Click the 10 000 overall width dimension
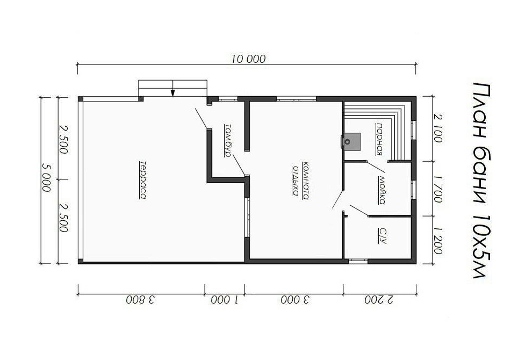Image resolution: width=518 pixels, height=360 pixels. point(248,59)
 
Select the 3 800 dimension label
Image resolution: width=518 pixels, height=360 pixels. point(140,300)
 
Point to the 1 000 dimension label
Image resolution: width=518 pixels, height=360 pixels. point(225,300)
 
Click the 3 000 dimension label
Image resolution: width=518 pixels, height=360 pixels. point(296,300)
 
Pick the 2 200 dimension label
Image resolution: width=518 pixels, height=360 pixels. point(379,300)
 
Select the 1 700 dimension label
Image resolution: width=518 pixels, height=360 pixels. point(437,189)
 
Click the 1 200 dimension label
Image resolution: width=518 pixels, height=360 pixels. point(437,240)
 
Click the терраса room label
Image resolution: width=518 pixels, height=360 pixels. point(142,180)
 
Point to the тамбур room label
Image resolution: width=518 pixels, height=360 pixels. point(228,140)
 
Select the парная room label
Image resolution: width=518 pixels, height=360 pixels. point(379,139)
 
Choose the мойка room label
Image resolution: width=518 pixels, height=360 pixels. point(382,190)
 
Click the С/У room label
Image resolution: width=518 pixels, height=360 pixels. point(382,235)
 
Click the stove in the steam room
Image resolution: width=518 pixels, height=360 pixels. point(351,141)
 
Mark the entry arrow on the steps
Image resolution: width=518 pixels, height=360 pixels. point(172,89)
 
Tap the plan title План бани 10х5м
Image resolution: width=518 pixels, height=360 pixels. point(481,181)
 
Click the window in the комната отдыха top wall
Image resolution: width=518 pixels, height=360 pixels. point(296,99)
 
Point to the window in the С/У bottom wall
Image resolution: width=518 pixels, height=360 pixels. point(358,261)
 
